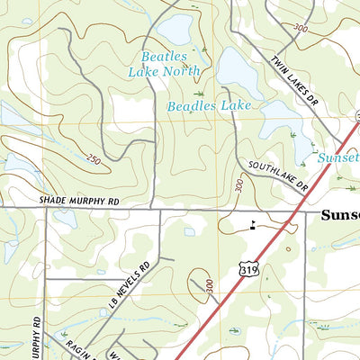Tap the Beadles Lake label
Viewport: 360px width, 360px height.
pyautogui.click(x=209, y=106)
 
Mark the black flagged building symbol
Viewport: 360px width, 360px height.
pyautogui.click(x=253, y=226)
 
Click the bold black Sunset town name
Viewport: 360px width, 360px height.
pyautogui.click(x=340, y=216)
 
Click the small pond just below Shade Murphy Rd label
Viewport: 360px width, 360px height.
pyautogui.click(x=64, y=218)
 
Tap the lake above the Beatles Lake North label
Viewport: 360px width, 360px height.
pyautogui.click(x=174, y=29)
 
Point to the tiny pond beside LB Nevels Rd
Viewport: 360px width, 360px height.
pyautogui.click(x=190, y=231)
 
